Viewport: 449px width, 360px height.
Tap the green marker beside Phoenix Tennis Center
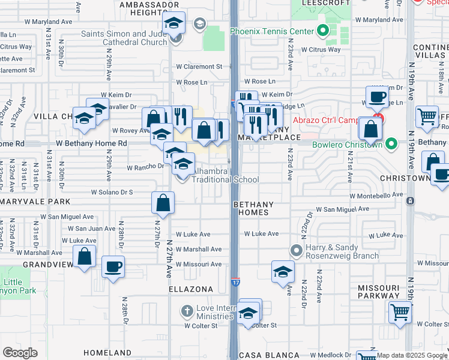322,30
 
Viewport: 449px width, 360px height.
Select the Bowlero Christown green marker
391,143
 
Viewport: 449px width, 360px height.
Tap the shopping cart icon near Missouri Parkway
400,312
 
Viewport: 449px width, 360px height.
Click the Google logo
20,352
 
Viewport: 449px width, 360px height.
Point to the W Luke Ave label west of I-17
193,235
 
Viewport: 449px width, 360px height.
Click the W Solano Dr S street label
112,192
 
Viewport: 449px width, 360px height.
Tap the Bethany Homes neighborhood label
253,208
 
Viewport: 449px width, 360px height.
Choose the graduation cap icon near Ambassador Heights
174,23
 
